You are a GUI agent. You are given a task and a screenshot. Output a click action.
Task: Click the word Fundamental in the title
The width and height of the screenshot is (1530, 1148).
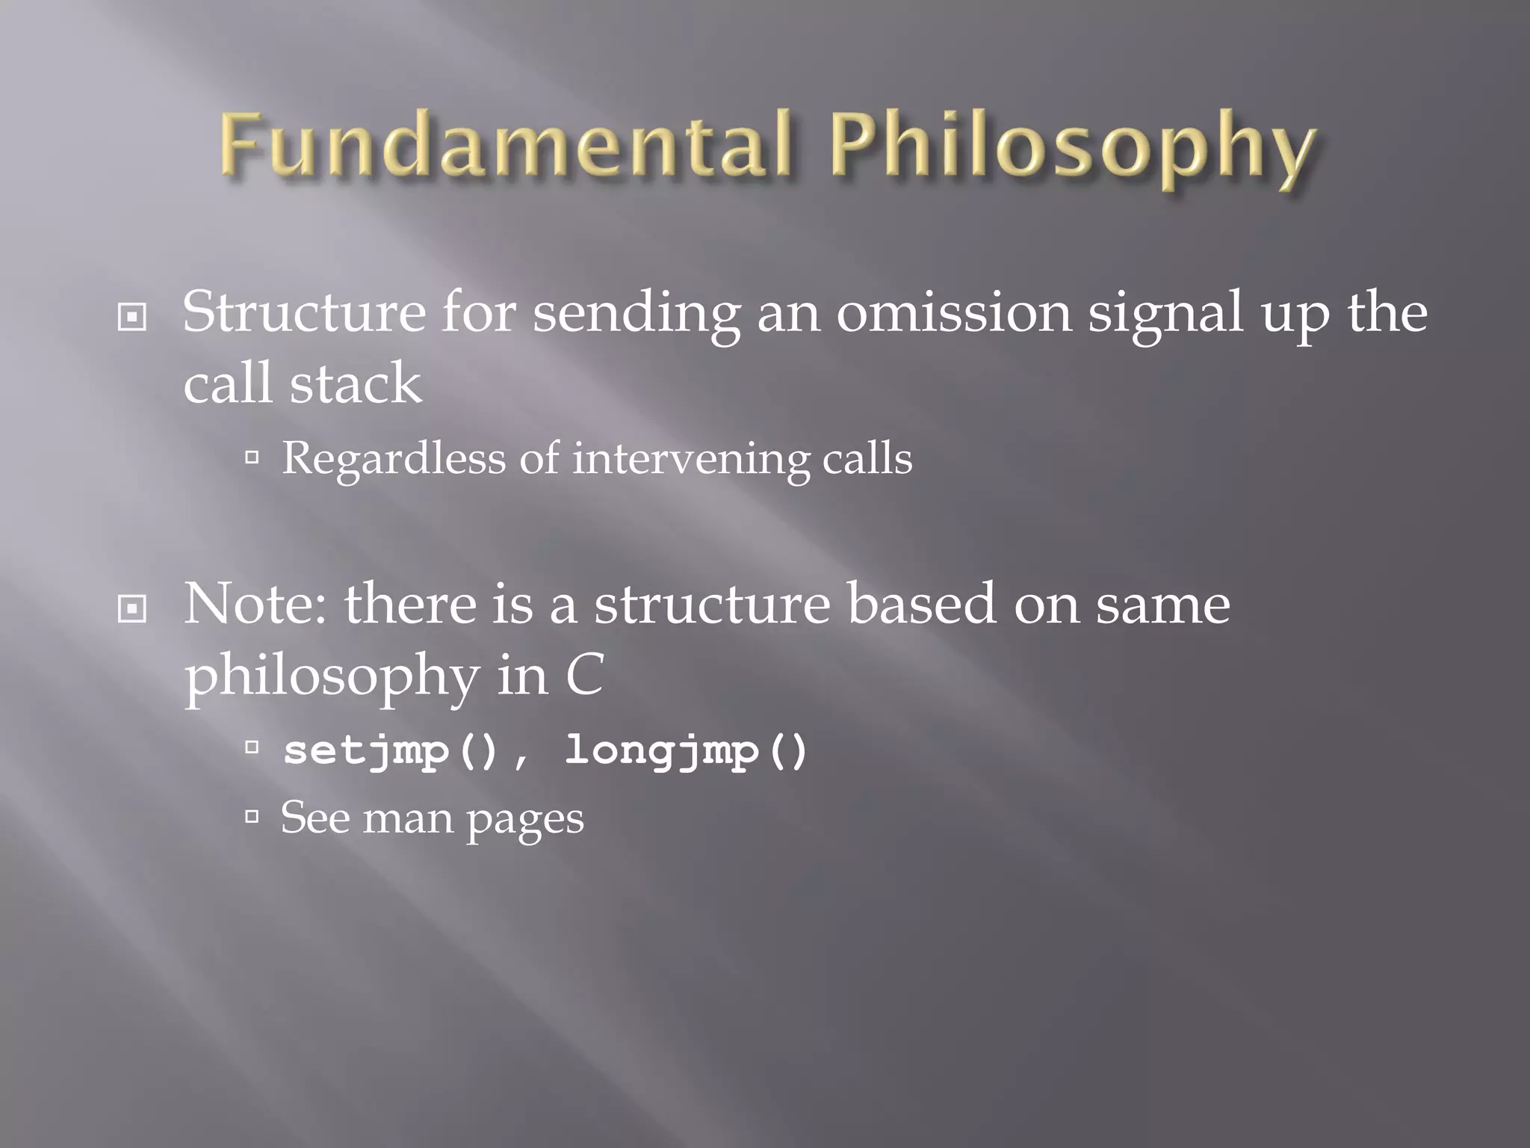click(x=505, y=145)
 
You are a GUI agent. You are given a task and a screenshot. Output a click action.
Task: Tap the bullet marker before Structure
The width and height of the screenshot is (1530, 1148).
click(x=132, y=318)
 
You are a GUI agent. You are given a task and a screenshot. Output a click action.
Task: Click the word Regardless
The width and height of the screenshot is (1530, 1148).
click(x=393, y=459)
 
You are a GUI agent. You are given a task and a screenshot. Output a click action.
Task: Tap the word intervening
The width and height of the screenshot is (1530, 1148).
click(x=691, y=459)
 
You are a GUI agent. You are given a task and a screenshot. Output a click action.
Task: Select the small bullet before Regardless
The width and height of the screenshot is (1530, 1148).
click(x=252, y=457)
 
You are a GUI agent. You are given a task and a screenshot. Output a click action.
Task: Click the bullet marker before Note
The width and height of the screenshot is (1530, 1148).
click(x=132, y=609)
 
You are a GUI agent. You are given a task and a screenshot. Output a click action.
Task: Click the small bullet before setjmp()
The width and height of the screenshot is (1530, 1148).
click(x=252, y=746)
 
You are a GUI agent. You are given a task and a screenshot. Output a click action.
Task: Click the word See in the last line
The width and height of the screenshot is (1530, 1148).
click(x=315, y=818)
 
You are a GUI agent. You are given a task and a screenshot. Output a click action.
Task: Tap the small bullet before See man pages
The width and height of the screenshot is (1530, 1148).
click(x=252, y=816)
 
